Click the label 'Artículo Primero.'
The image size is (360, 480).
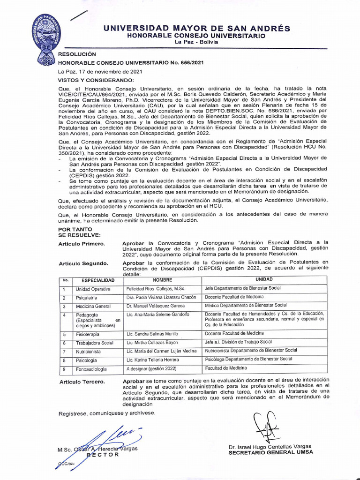(x=82, y=244)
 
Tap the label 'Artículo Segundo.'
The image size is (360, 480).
(x=83, y=263)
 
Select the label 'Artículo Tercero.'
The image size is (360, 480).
(x=82, y=382)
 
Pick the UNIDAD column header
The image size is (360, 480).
(x=263, y=279)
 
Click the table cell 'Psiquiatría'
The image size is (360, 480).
(x=87, y=298)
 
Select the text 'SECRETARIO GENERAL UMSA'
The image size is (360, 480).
(x=270, y=452)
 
